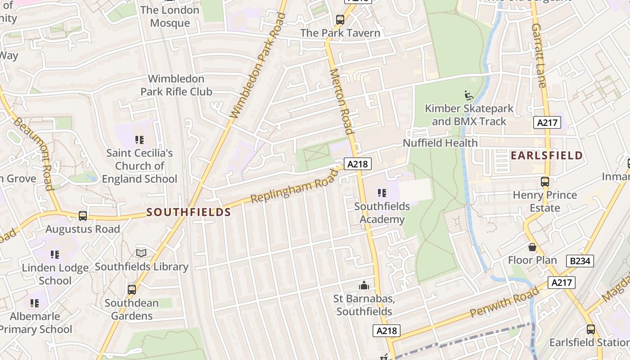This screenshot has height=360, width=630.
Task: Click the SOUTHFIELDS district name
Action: tap(189, 212)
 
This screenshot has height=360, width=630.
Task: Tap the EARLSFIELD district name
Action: tap(547, 156)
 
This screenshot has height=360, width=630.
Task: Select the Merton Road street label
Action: tap(341, 101)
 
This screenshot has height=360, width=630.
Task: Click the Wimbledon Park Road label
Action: tap(258, 66)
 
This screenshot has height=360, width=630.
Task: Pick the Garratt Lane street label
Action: tap(539, 55)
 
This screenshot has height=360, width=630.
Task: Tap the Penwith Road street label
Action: tap(504, 302)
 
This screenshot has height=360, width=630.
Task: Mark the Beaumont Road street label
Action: tap(33, 153)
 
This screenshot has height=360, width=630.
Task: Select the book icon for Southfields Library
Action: tap(141, 253)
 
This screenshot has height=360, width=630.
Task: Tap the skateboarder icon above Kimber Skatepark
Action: tap(469, 95)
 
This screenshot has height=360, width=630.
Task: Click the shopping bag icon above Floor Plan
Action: tap(532, 247)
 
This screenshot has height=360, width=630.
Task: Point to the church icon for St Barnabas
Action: tap(364, 285)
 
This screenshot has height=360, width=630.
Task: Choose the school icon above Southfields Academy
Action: tap(382, 193)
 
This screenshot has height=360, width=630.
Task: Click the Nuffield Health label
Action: tap(440, 143)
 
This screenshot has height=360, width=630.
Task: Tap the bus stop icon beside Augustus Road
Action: tap(83, 216)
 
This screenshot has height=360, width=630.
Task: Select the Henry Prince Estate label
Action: tap(545, 201)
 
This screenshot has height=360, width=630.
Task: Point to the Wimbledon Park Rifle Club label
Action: tap(176, 85)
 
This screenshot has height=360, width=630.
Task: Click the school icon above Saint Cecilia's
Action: tap(139, 140)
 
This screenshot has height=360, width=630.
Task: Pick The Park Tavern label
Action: tap(340, 33)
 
